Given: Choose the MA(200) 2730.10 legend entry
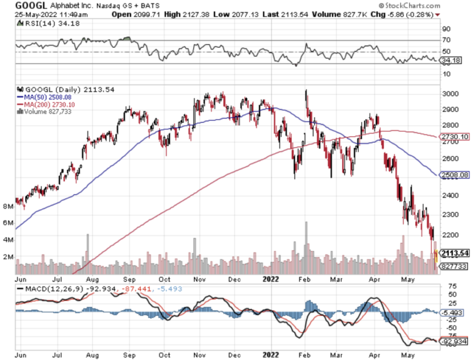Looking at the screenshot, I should (x=46, y=104).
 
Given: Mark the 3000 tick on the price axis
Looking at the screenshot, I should (x=449, y=94).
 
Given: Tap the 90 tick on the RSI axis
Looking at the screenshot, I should (x=446, y=28).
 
